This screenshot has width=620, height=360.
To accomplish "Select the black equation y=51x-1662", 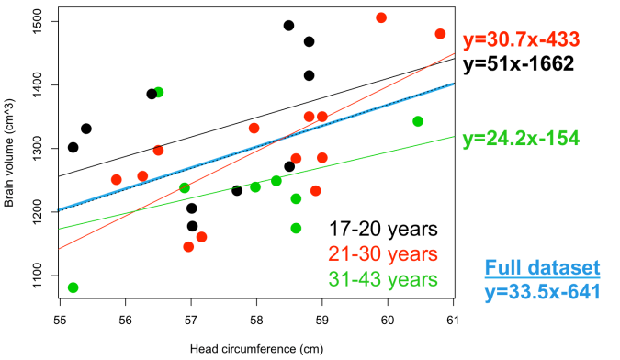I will click(520, 64).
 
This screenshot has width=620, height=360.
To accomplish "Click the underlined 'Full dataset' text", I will click(542, 269).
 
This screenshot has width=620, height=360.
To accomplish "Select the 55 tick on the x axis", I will click(60, 321).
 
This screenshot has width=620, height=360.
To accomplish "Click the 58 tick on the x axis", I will click(256, 321).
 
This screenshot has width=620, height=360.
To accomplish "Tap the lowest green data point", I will click(73, 287).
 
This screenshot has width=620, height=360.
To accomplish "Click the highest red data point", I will click(382, 18).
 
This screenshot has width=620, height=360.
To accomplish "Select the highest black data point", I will click(288, 26).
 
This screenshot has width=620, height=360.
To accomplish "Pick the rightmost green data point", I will click(419, 121).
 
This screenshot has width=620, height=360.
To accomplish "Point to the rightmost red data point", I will click(441, 34).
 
